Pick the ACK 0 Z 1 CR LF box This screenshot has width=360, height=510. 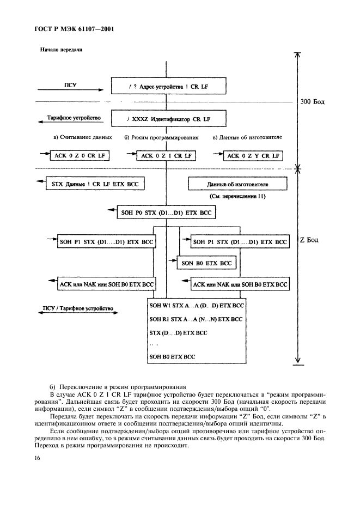tap(167, 156)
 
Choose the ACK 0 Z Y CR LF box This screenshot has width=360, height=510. tap(253, 156)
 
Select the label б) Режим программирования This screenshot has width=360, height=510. tap(161, 137)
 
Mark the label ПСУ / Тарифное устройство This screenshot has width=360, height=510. tap(78, 308)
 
